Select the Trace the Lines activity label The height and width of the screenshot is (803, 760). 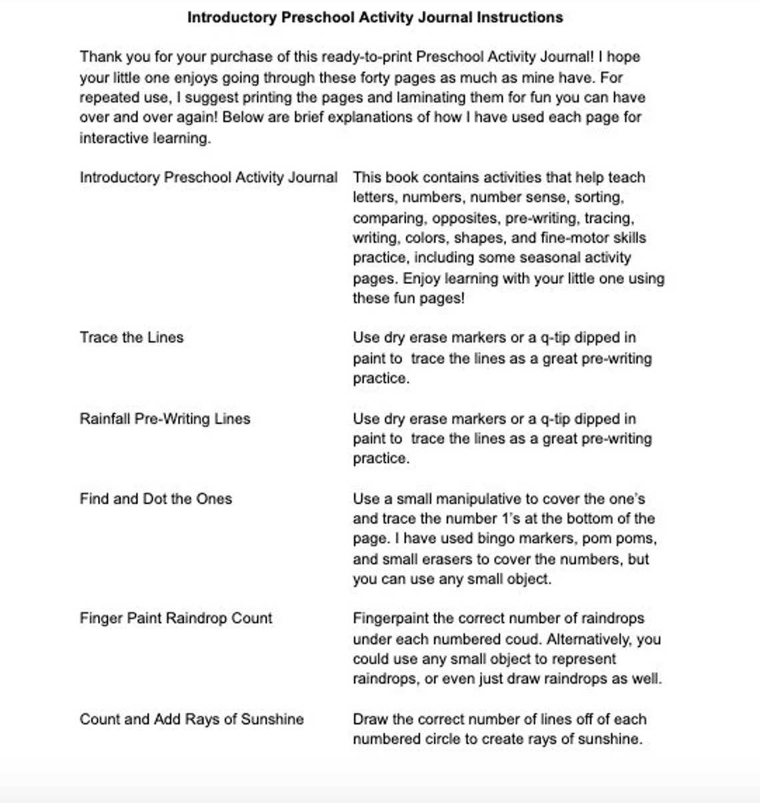[131, 337]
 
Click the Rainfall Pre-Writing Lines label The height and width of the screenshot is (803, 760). [165, 418]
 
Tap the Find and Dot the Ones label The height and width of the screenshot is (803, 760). [155, 498]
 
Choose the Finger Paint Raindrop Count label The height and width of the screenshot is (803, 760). [175, 618]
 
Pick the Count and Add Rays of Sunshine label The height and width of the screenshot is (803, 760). [191, 719]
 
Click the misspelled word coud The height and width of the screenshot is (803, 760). [523, 639]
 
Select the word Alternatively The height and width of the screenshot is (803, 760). [589, 639]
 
